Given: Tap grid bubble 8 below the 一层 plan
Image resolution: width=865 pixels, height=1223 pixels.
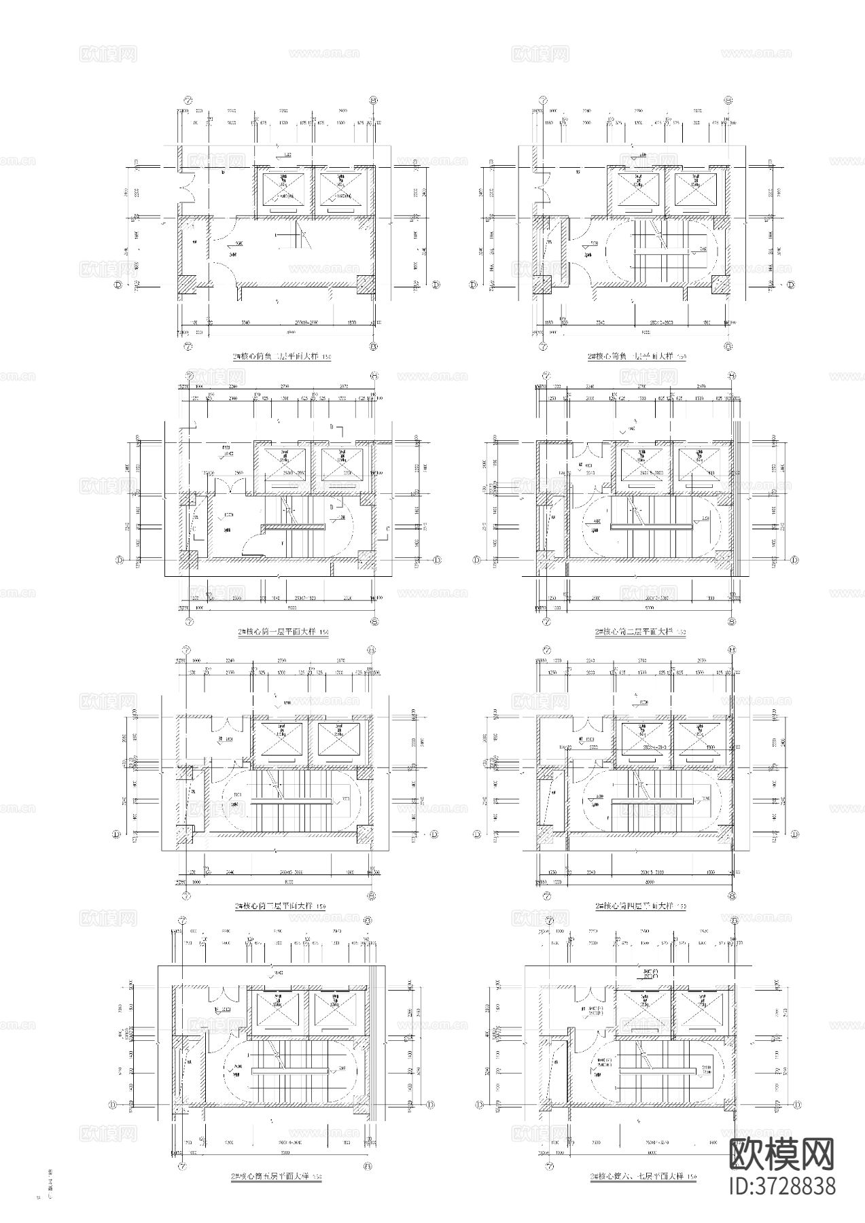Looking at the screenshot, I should coord(374,620).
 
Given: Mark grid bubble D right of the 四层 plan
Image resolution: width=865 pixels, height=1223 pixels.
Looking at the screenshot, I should coord(794,834).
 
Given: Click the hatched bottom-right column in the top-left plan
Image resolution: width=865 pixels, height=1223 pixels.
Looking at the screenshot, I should coord(366,284).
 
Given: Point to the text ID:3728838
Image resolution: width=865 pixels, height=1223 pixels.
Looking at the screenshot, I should coord(781,1186).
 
